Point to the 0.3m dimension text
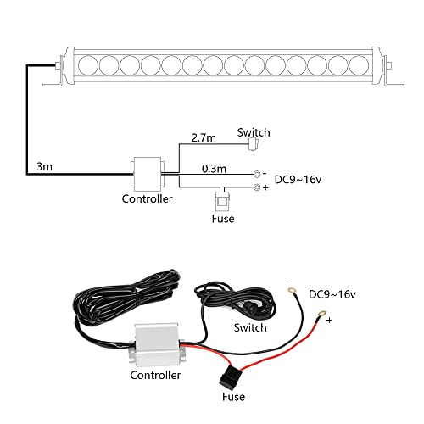215,168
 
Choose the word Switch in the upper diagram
254,131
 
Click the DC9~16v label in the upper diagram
298,178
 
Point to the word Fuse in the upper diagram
222,220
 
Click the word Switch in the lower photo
250,327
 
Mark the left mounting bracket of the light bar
53,81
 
